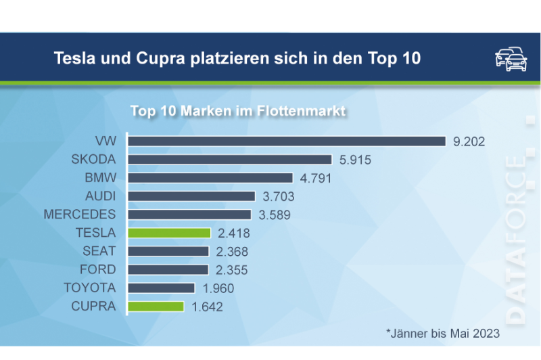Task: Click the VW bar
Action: click(x=287, y=141)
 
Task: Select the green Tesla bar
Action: click(x=169, y=233)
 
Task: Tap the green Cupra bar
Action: click(x=156, y=306)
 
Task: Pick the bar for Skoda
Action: click(x=230, y=160)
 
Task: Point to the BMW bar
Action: click(x=210, y=178)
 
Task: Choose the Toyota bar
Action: click(x=162, y=288)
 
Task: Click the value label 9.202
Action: click(x=469, y=141)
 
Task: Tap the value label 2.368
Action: click(x=231, y=252)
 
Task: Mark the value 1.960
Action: click(x=218, y=288)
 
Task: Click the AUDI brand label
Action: click(x=100, y=196)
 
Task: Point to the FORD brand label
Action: click(x=98, y=269)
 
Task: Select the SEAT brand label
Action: click(x=99, y=251)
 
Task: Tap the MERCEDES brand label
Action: click(x=80, y=215)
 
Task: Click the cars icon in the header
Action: click(x=511, y=59)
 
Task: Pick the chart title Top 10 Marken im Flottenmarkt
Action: click(x=238, y=110)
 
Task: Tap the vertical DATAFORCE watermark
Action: click(x=516, y=237)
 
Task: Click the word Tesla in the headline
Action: click(x=73, y=59)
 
